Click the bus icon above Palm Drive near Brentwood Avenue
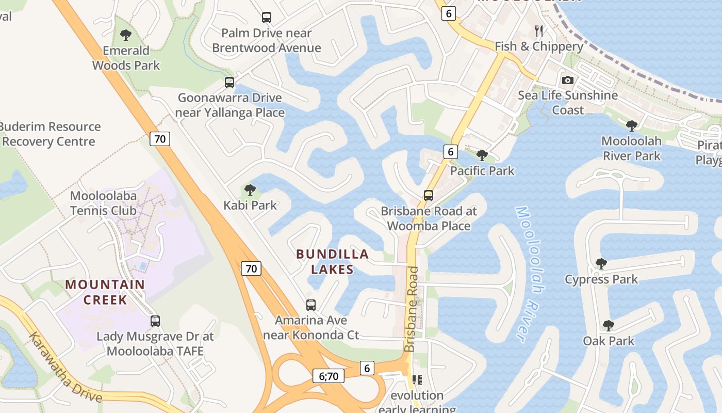[x=266, y=18]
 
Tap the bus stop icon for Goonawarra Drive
[x=229, y=82]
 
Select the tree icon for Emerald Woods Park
[x=125, y=35]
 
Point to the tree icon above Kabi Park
[x=250, y=189]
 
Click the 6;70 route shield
[x=329, y=376]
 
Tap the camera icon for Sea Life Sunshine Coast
[x=567, y=80]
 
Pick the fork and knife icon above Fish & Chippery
[x=539, y=31]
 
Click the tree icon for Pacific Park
[x=482, y=155]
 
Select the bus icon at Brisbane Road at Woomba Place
[x=428, y=196]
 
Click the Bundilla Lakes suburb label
[x=333, y=262]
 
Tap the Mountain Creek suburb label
[x=105, y=292]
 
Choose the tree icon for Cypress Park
[x=601, y=264]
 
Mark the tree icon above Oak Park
[x=609, y=325]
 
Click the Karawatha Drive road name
[x=65, y=368]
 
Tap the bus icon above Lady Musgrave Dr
[x=155, y=321]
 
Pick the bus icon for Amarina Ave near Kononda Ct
[x=310, y=305]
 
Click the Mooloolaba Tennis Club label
[x=103, y=203]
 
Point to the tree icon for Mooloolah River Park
[x=631, y=125]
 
